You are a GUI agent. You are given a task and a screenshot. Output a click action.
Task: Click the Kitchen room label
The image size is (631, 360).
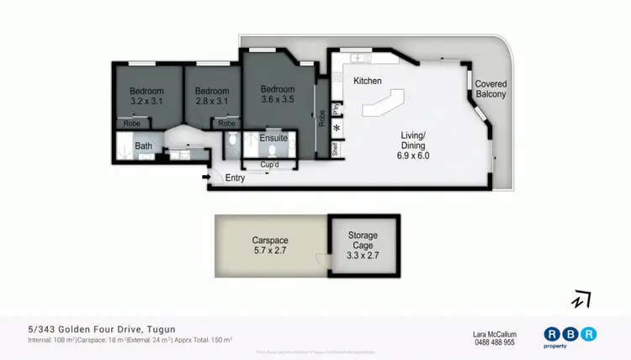(x=368, y=81)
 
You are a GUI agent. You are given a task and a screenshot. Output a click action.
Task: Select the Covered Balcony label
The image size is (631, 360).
(x=490, y=89)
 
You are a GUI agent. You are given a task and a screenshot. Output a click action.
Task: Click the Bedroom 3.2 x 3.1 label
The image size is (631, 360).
(x=146, y=96)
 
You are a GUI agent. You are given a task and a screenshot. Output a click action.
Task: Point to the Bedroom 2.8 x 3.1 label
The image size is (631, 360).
(x=212, y=96)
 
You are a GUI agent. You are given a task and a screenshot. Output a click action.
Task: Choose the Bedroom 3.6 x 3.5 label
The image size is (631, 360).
(x=277, y=94)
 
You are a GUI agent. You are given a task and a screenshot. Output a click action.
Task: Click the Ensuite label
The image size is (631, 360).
(x=273, y=137)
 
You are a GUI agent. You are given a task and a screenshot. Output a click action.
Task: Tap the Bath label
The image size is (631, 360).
(x=144, y=146)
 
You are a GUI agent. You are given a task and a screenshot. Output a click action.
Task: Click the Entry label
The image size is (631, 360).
(x=235, y=178)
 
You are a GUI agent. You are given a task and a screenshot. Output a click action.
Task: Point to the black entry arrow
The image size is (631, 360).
(x=206, y=177)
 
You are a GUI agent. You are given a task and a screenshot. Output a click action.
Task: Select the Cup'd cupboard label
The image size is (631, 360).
(x=270, y=165)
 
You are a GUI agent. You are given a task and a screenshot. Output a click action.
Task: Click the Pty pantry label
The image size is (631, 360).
(x=336, y=109)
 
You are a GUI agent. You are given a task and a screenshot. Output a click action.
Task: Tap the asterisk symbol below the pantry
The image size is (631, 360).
(x=337, y=129)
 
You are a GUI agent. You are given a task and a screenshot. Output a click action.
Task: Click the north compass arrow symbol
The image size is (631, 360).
(x=581, y=299)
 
